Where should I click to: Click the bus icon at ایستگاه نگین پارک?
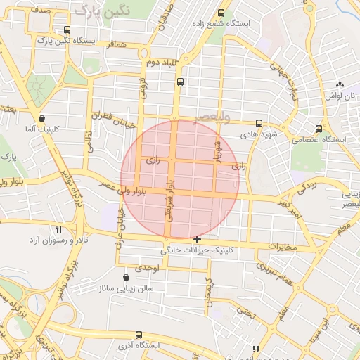pos(67,30)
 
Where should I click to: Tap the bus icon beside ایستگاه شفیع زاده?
pos(221,13)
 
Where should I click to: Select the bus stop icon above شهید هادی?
pos(259,122)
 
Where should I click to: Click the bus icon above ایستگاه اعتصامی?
pos(319,129)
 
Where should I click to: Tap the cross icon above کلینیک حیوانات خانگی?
pos(197,240)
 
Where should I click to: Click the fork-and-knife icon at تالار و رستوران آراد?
pos(59,229)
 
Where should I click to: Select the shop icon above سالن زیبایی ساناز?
pos(126,277)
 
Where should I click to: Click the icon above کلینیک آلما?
pos(43,119)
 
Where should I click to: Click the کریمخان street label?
pos(208,292)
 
